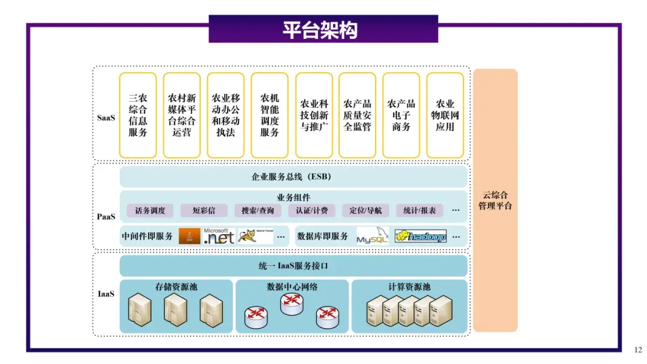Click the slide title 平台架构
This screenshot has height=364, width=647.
point(323,30)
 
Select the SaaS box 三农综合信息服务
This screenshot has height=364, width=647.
point(138,115)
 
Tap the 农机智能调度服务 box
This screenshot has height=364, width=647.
point(270,115)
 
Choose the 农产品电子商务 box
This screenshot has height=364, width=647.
point(401,115)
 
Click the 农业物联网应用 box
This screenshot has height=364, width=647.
point(445,115)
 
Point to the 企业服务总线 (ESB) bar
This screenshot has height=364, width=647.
point(293,177)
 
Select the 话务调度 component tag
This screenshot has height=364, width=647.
point(150,210)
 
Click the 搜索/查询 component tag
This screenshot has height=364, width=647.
point(258,210)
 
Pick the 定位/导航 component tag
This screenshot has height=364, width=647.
point(365,210)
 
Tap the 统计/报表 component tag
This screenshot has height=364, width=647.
point(419,210)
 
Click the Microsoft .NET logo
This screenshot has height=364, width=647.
point(219,236)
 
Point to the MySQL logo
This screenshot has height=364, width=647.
point(373,236)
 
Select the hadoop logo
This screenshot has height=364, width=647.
point(421,236)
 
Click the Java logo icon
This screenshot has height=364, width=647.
point(189,236)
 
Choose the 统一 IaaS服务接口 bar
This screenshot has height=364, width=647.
point(293,266)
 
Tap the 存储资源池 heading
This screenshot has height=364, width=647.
point(176,287)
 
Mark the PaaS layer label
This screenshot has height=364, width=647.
point(106,216)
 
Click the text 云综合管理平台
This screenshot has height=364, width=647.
point(495,201)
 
